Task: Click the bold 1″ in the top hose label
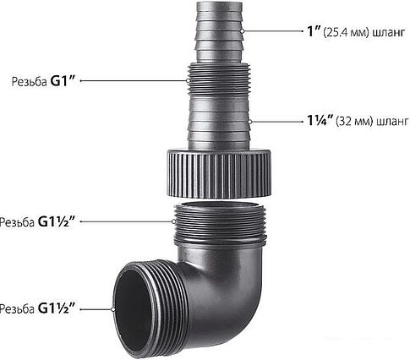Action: (314, 31)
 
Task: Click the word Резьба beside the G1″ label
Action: (30, 82)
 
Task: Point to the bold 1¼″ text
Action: (320, 121)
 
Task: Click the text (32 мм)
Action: (354, 122)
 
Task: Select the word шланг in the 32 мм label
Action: (393, 123)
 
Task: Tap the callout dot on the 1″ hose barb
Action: (243, 31)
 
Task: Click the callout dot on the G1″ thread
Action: (188, 80)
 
